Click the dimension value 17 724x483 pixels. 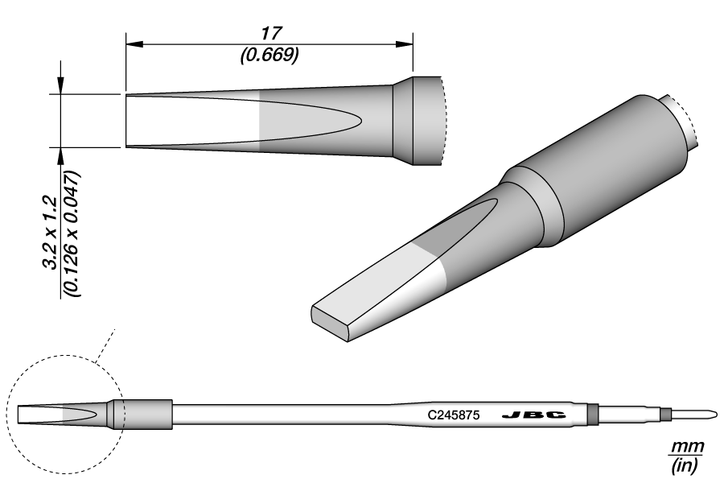coord(269,33)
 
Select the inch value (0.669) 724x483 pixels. coord(269,54)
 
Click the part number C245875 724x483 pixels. coord(454,415)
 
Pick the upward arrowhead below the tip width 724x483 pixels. coord(61,155)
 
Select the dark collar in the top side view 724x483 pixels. coord(402,121)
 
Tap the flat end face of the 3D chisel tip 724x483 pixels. coord(330,322)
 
